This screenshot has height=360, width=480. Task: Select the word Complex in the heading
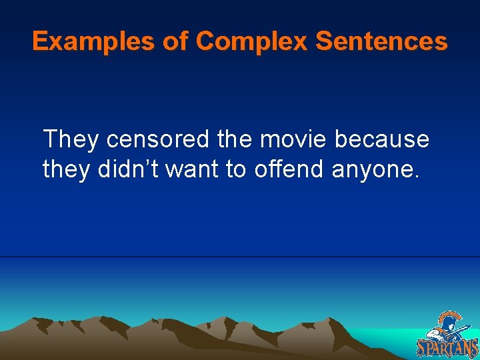(x=253, y=42)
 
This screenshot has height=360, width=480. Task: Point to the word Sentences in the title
(x=381, y=42)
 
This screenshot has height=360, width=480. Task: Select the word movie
(x=294, y=139)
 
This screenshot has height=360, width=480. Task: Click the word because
(x=382, y=139)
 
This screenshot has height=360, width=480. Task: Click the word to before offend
(x=236, y=170)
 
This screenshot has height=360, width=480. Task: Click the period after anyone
(x=417, y=177)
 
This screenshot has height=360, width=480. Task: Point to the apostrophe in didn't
(x=148, y=162)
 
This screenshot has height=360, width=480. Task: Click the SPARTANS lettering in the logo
(x=447, y=347)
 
